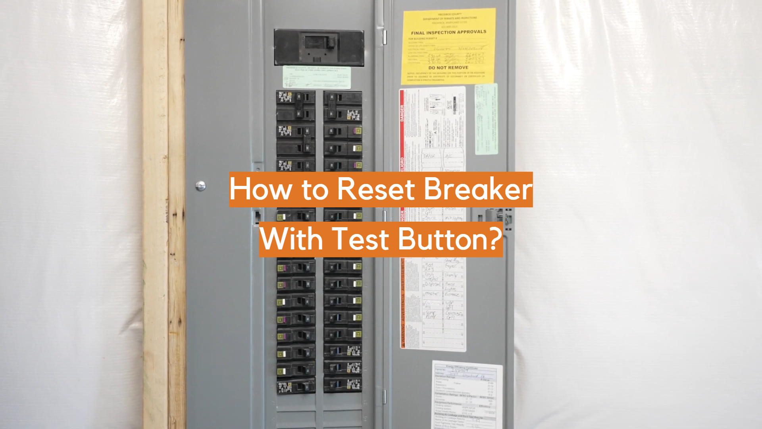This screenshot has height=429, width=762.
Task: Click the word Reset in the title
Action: pos(376,189)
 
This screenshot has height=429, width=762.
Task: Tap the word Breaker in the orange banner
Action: pos(478,189)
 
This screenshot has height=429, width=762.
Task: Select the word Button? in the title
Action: pos(450,240)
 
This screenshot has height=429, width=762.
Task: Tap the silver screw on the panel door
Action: pos(201,186)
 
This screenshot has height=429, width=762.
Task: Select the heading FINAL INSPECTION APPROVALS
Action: pos(448,32)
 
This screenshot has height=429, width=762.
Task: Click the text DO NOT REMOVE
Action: pos(448,68)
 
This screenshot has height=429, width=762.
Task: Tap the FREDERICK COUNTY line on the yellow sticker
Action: pos(450,14)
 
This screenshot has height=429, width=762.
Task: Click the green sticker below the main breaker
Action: pos(317,77)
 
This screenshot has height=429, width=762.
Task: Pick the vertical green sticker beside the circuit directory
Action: pos(486,119)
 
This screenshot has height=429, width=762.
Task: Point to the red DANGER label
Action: pos(402,113)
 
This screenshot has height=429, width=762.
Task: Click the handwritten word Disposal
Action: pos(433,284)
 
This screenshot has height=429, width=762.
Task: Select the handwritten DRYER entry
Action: pos(429,156)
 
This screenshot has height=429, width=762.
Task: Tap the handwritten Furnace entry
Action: pos(452,295)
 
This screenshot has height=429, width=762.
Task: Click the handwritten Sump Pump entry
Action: pos(431,315)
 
